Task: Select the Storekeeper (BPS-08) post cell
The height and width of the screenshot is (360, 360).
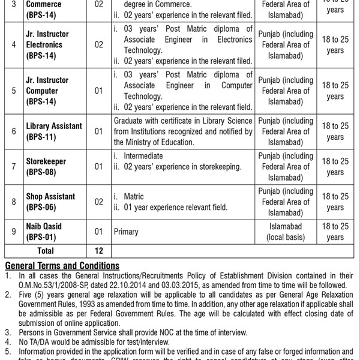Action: (46, 167)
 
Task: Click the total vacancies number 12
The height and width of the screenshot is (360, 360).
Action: (98, 251)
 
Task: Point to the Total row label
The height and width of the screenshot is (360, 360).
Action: (46, 251)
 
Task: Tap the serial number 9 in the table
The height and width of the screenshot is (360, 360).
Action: (13, 232)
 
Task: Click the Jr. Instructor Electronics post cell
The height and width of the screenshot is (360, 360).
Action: (47, 44)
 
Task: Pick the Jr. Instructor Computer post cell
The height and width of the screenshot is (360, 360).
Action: (47, 91)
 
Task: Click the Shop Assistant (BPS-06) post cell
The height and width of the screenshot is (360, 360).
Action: (50, 202)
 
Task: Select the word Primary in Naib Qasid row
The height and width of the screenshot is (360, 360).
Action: (126, 232)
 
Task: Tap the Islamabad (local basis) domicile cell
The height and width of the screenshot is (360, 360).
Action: (286, 232)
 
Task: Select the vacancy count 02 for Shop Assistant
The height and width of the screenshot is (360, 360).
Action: (98, 202)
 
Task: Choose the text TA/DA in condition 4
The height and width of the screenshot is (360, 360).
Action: (35, 342)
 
